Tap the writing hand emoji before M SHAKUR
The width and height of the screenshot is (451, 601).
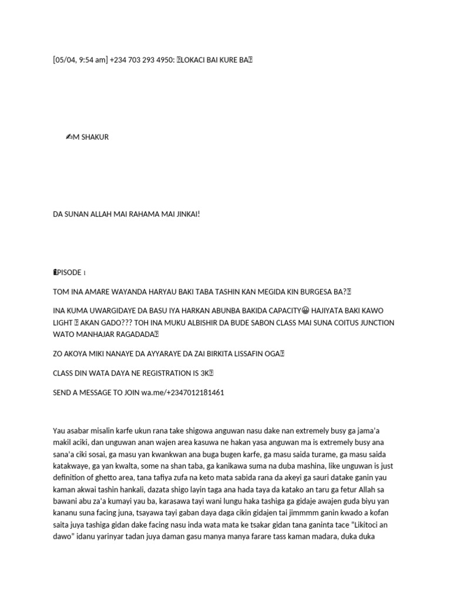[x=69, y=137]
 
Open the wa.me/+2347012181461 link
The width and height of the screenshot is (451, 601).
[x=183, y=392]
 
